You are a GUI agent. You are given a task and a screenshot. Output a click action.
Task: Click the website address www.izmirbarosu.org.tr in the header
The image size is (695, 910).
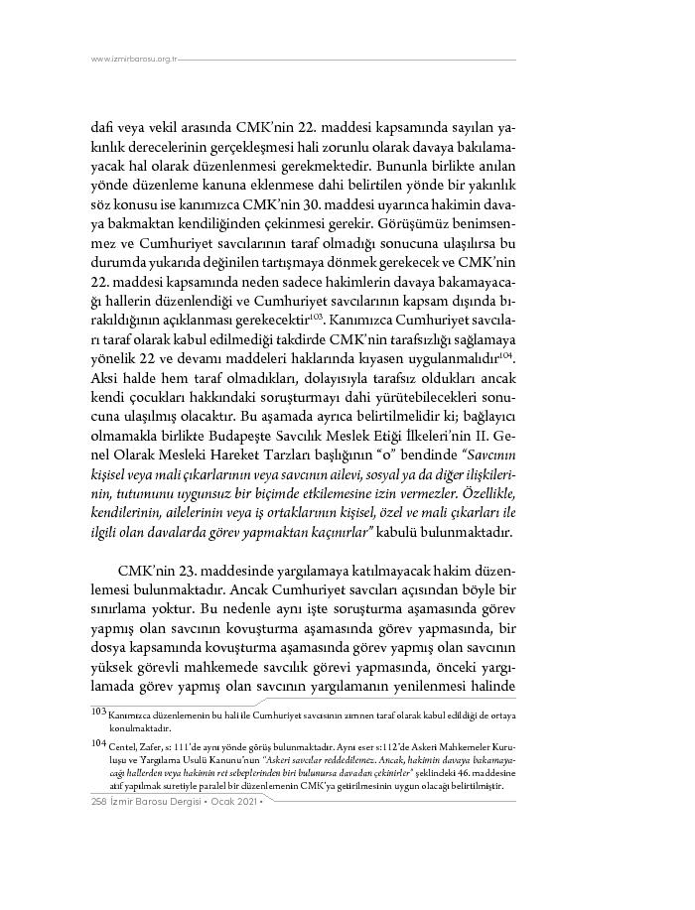pyautogui.click(x=133, y=59)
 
